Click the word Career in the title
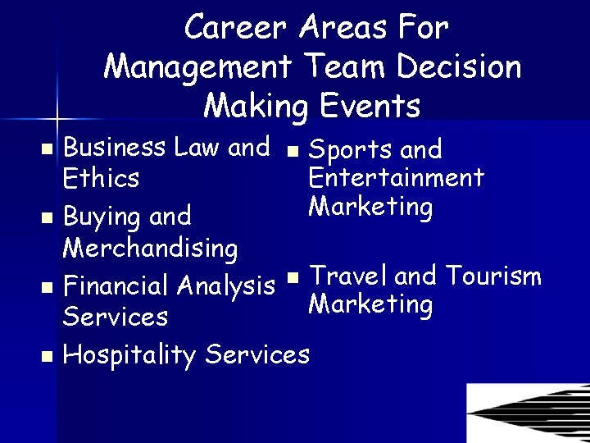[x=236, y=28]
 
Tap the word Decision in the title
[x=455, y=66]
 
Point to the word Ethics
[x=101, y=178]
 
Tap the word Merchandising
[x=150, y=247]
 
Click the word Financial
[x=116, y=286]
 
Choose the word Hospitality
[x=130, y=355]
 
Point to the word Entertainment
[x=396, y=177]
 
